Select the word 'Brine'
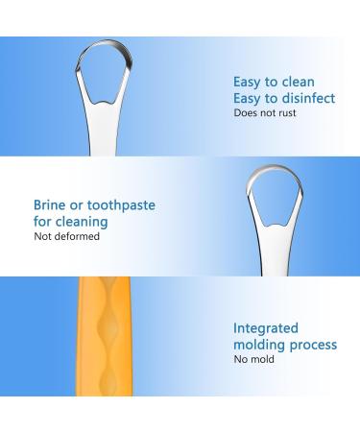50,205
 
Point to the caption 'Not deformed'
66,236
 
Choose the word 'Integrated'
266,328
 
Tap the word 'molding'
256,345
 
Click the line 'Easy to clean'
274,82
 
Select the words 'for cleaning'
70,222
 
